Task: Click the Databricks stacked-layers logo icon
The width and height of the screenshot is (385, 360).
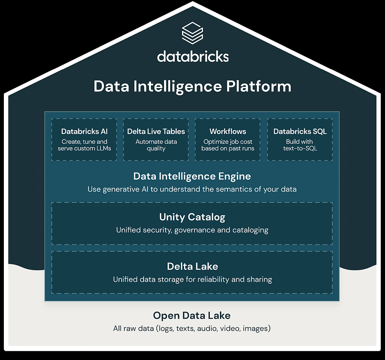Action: click(192, 33)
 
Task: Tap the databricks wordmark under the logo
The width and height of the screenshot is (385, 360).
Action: click(193, 56)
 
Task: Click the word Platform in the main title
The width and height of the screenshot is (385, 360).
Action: click(259, 86)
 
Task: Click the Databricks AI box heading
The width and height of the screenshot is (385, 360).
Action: click(84, 131)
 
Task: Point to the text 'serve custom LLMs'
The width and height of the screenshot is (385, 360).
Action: click(84, 148)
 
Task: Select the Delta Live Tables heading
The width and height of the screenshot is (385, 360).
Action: click(156, 131)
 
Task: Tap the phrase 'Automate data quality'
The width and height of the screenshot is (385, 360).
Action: click(156, 145)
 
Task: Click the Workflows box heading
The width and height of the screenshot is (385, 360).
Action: click(228, 131)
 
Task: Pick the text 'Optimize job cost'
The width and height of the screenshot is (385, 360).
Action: click(228, 142)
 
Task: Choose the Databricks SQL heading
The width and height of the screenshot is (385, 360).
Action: click(300, 131)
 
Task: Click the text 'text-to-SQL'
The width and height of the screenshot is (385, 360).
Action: click(300, 148)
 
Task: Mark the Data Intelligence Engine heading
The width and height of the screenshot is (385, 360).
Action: click(192, 176)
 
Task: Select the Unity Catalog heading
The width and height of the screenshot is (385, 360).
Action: click(192, 217)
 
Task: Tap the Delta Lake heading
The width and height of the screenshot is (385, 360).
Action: click(192, 266)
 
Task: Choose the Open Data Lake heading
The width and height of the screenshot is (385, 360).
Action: click(192, 316)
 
